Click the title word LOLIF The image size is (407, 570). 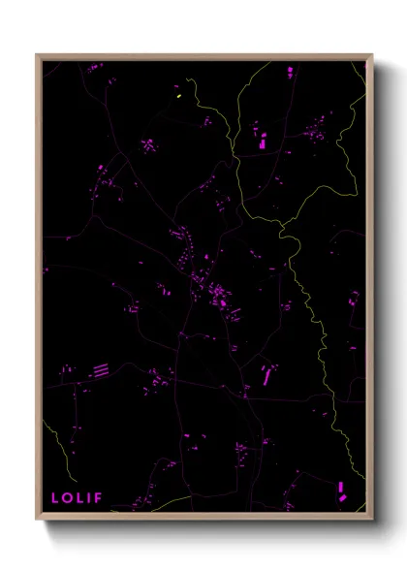[77, 498]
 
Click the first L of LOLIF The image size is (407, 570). [55, 498]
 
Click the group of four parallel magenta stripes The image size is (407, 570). [101, 369]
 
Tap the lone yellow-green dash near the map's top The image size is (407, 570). [178, 96]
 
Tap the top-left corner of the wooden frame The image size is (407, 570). [38, 55]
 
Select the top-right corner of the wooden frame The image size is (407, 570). [371, 55]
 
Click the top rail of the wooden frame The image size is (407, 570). [204, 56]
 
